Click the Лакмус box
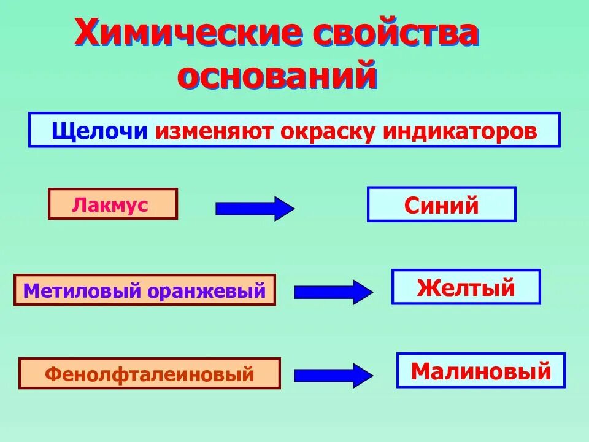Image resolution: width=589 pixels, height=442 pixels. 112,204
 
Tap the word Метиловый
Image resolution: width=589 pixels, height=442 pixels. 83,290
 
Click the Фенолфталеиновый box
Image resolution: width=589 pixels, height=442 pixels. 149,373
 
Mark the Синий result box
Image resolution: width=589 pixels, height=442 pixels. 441,204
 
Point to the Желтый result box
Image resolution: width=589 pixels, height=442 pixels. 466,287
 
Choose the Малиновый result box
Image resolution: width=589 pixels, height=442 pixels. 480,371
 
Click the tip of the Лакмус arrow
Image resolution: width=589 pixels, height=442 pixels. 291,209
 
